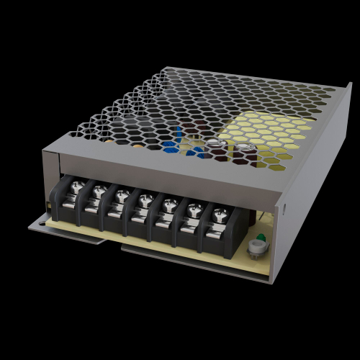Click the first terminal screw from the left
(74, 189)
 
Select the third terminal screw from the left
(121, 195)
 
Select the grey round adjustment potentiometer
(254, 251)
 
